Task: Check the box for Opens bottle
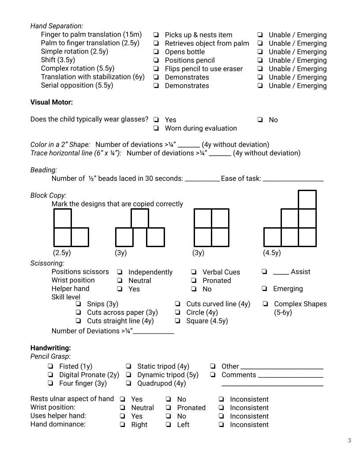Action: [156, 52]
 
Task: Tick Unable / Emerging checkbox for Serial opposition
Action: [260, 86]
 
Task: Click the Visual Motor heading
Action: [51, 102]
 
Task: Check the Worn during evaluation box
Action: [156, 128]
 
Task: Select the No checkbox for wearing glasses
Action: [260, 120]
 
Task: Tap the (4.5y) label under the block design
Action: [272, 253]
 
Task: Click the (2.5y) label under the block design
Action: [62, 253]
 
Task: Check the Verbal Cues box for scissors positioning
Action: [194, 272]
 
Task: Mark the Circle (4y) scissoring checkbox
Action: [177, 312]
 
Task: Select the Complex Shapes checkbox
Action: [266, 304]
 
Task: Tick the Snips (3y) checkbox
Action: [78, 304]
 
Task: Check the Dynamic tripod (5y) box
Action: [128, 375]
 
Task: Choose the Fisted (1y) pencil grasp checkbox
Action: [50, 366]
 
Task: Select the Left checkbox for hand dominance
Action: [169, 425]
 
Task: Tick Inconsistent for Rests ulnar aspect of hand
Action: [221, 399]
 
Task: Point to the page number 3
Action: [349, 440]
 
